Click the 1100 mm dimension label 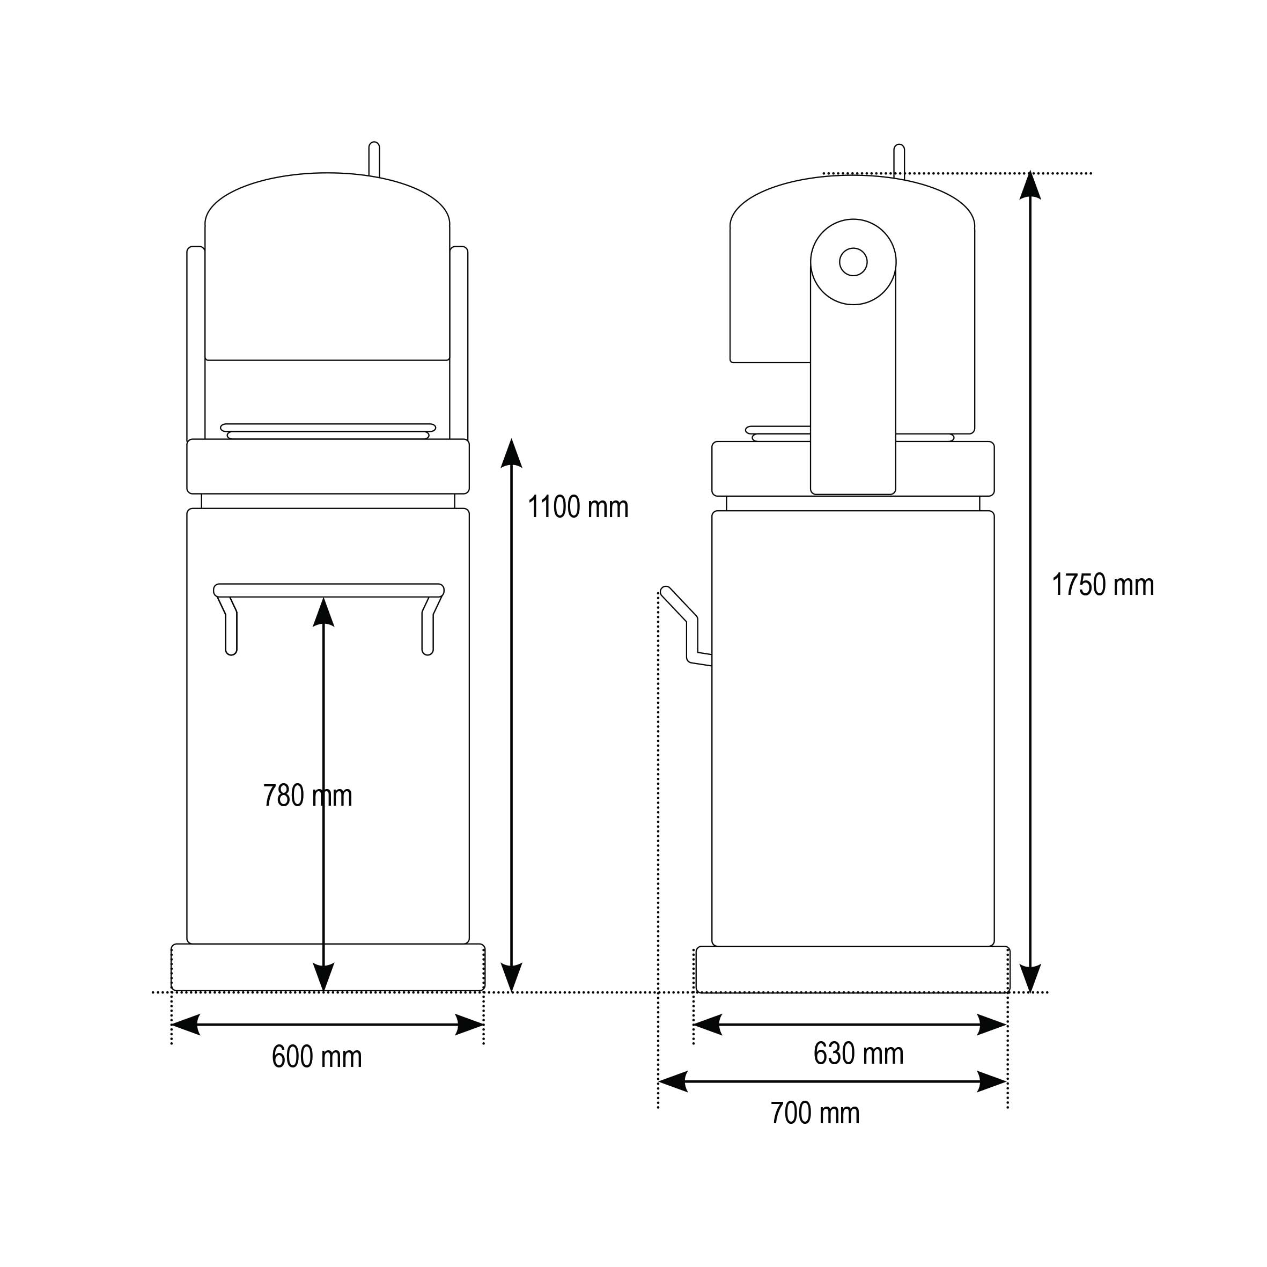(578, 507)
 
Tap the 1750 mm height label (1103, 585)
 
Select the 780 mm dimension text (307, 795)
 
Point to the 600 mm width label (316, 1057)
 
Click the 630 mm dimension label (858, 1053)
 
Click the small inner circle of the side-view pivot (853, 262)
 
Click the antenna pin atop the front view (374, 159)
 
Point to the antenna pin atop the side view (899, 161)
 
